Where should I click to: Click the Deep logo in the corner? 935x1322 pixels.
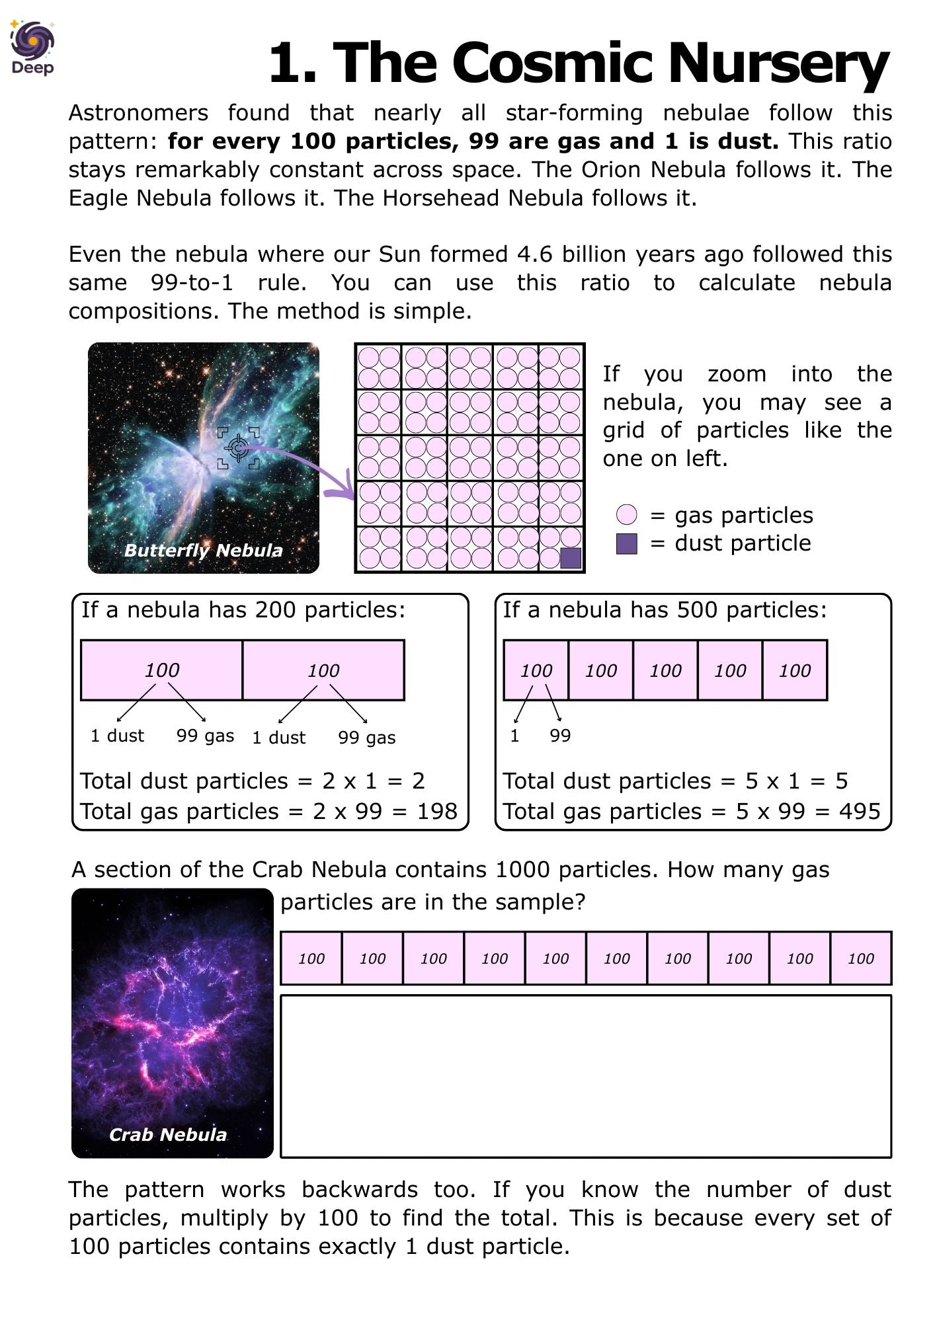click(x=32, y=46)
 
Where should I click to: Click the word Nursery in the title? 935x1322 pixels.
click(x=778, y=63)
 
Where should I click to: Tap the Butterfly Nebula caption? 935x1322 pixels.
click(x=203, y=550)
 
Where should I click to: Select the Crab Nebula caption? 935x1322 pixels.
click(x=168, y=1134)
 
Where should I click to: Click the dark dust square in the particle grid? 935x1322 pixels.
click(x=570, y=558)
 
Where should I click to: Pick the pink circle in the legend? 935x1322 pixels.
click(x=626, y=515)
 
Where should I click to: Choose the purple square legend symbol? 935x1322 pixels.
click(x=626, y=543)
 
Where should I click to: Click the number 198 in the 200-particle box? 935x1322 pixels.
click(x=436, y=811)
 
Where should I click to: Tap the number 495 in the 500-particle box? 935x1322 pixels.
click(x=860, y=811)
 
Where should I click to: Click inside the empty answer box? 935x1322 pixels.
click(x=586, y=1076)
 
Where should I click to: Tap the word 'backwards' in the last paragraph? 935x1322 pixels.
click(x=360, y=1189)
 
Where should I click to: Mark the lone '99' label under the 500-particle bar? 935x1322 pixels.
click(x=560, y=736)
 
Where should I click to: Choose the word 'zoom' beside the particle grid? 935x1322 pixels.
click(x=737, y=374)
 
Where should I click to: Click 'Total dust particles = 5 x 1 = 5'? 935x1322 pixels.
click(x=675, y=781)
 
